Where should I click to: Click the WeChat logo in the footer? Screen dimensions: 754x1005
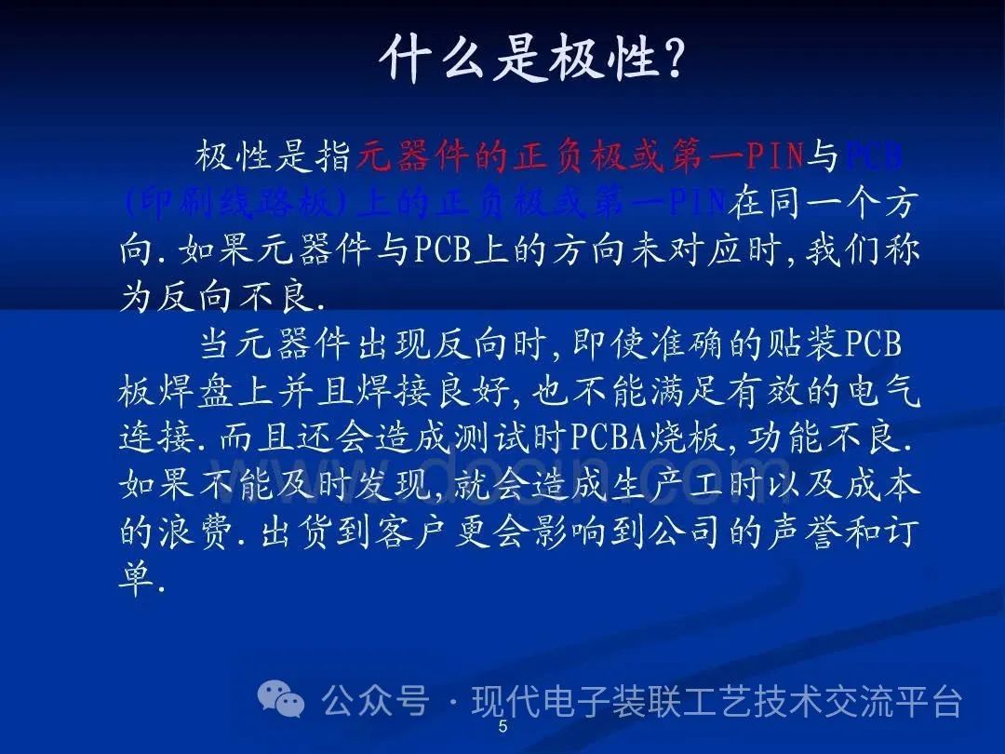pos(281,697)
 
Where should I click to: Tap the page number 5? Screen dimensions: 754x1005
pos(503,727)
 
